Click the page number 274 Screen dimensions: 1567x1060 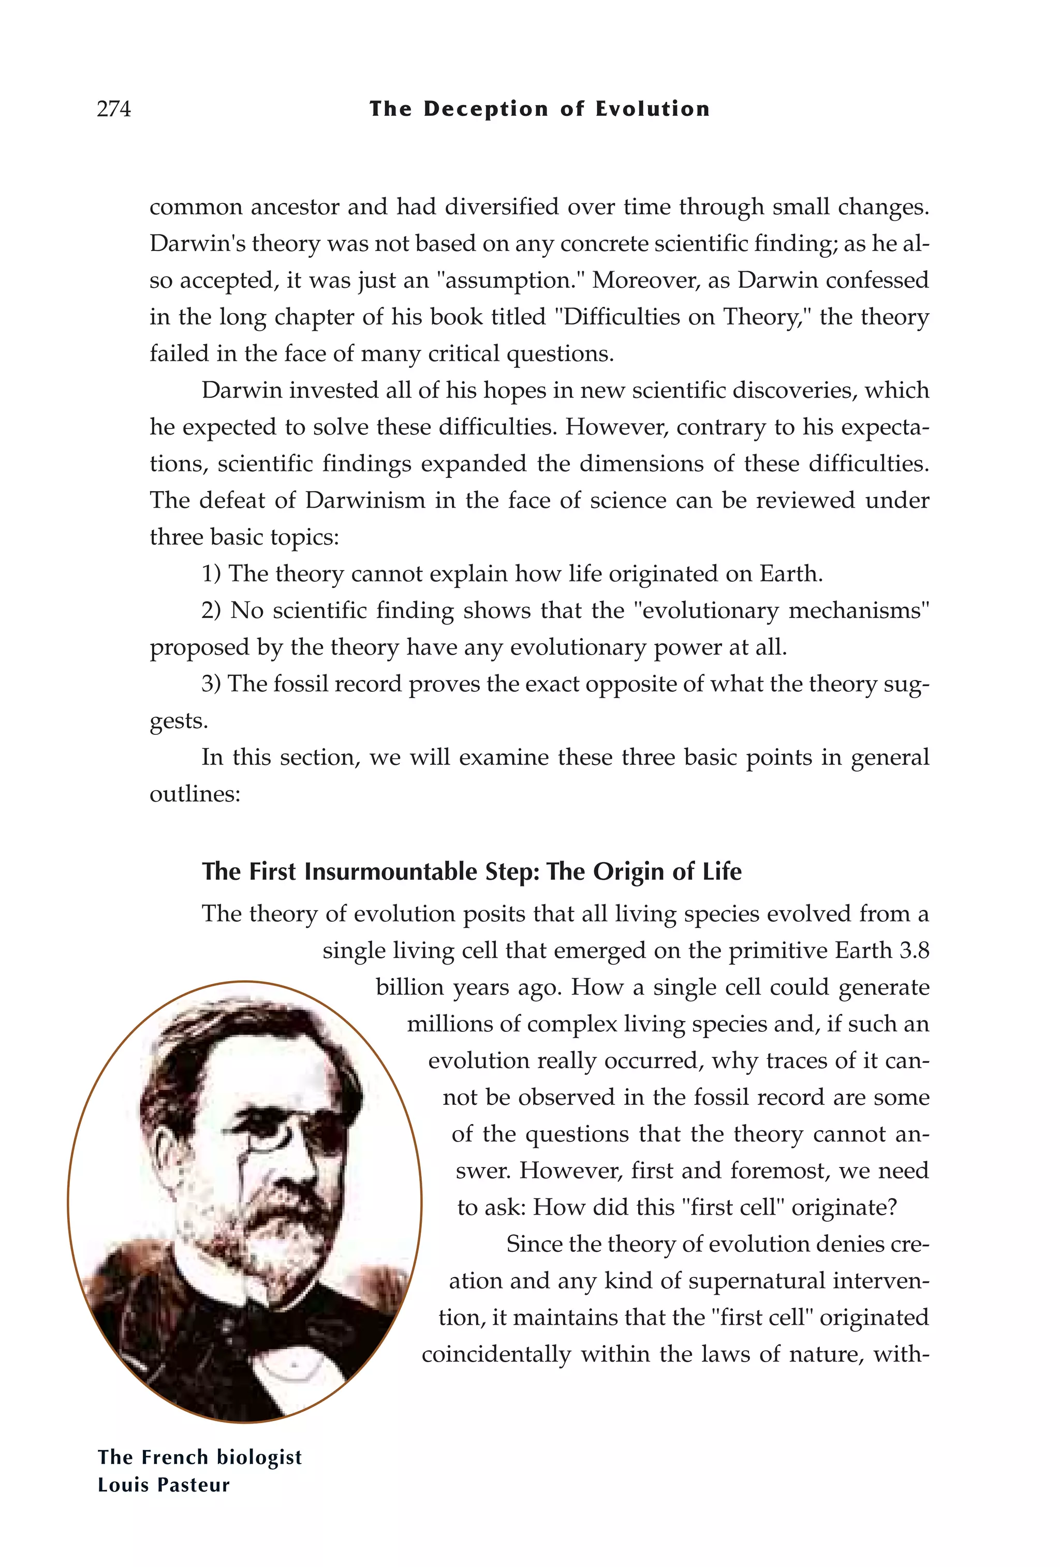click(x=114, y=109)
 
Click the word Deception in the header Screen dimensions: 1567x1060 click(x=485, y=109)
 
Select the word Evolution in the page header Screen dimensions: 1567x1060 click(x=652, y=109)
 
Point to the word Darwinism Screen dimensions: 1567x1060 click(x=365, y=500)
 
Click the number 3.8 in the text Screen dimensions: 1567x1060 click(x=914, y=950)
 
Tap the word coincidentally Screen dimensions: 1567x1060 click(x=496, y=1354)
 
